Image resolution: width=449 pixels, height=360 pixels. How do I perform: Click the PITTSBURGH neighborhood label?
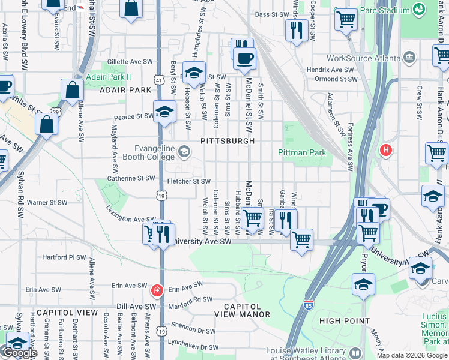[228, 141]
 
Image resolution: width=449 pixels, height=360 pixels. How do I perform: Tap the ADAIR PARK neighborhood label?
[125, 90]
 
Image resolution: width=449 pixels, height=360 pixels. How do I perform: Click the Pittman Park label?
[302, 152]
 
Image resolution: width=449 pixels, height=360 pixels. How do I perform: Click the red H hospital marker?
[385, 150]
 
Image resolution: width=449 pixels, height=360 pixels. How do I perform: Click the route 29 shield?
[55, 112]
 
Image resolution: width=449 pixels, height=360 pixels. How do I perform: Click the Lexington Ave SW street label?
[131, 215]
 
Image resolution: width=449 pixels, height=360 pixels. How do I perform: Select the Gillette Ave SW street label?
[130, 62]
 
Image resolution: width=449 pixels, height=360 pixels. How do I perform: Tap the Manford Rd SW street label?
[191, 299]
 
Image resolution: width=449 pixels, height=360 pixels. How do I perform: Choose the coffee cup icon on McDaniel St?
[244, 59]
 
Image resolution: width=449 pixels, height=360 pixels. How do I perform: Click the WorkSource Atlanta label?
[364, 59]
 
